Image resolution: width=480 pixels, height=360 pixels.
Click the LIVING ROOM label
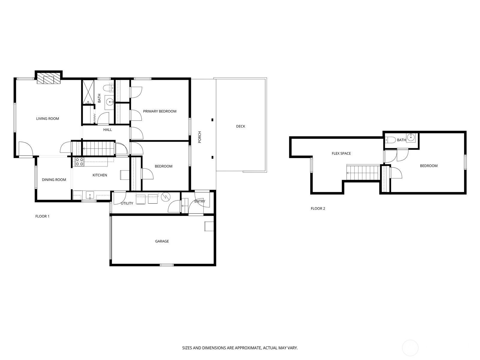pyautogui.click(x=47, y=118)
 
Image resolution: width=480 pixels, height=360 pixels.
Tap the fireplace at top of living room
pyautogui.click(x=48, y=80)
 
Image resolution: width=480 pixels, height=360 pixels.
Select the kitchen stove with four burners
pyautogui.click(x=79, y=162)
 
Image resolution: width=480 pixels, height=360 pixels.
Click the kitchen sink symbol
pyautogui.click(x=90, y=195)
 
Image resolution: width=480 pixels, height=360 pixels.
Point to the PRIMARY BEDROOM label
pyautogui.click(x=160, y=111)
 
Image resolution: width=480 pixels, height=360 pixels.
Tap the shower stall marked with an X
pyautogui.click(x=88, y=92)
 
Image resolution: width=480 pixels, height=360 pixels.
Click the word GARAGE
pyautogui.click(x=162, y=241)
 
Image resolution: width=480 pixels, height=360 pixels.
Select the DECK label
pyautogui.click(x=241, y=126)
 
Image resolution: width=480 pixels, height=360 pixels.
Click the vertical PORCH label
pyautogui.click(x=200, y=137)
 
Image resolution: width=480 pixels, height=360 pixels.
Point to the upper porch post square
pyautogui.click(x=212, y=120)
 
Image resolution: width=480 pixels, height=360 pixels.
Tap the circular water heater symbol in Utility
pyautogui.click(x=165, y=197)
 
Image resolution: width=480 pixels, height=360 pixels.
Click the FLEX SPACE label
pyautogui.click(x=341, y=153)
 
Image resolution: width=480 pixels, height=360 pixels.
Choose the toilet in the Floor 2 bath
pyautogui.click(x=390, y=140)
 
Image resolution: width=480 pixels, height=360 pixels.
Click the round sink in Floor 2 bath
pyautogui.click(x=411, y=137)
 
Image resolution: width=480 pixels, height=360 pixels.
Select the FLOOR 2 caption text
pyautogui.click(x=318, y=208)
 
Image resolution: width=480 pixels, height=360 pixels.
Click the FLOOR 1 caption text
pyautogui.click(x=42, y=216)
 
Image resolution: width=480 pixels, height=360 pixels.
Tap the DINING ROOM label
pyautogui.click(x=54, y=180)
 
